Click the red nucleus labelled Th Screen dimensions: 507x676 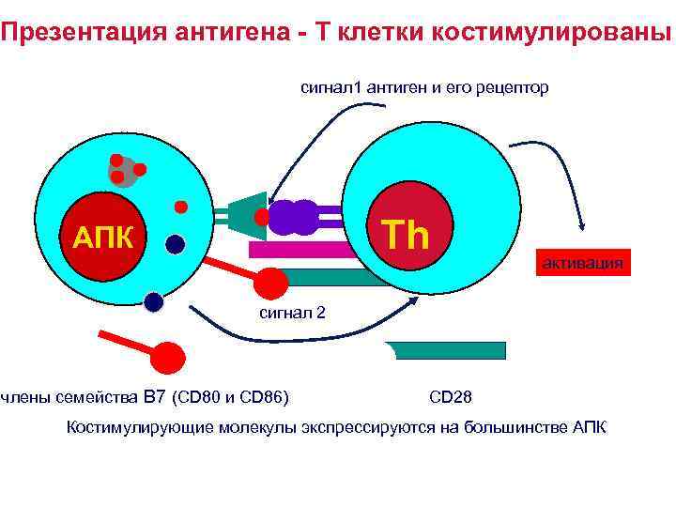tap(406, 232)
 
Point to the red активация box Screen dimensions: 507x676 tap(580, 263)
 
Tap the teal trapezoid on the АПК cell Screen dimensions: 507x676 tap(249, 216)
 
